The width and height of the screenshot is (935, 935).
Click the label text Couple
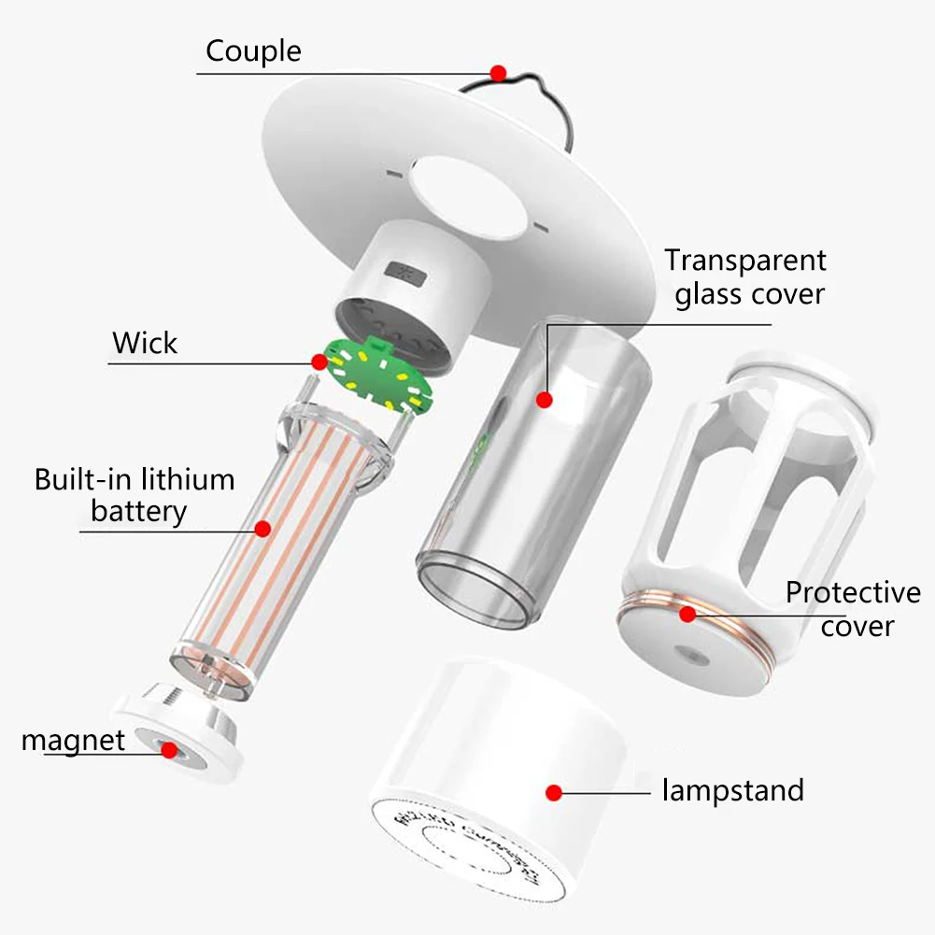tap(253, 50)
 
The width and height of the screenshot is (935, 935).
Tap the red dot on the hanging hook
tap(498, 72)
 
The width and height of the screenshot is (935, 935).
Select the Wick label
tap(145, 343)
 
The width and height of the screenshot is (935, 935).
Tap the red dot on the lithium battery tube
tap(262, 529)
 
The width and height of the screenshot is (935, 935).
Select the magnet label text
tap(73, 741)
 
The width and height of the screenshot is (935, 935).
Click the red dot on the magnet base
tap(169, 749)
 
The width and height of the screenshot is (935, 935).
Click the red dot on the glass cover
tap(545, 400)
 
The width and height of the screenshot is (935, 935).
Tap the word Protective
tap(852, 593)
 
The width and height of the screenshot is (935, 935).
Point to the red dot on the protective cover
tap(687, 614)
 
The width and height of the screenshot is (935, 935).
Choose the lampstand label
tap(732, 791)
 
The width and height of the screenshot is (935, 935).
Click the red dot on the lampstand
tap(553, 792)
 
